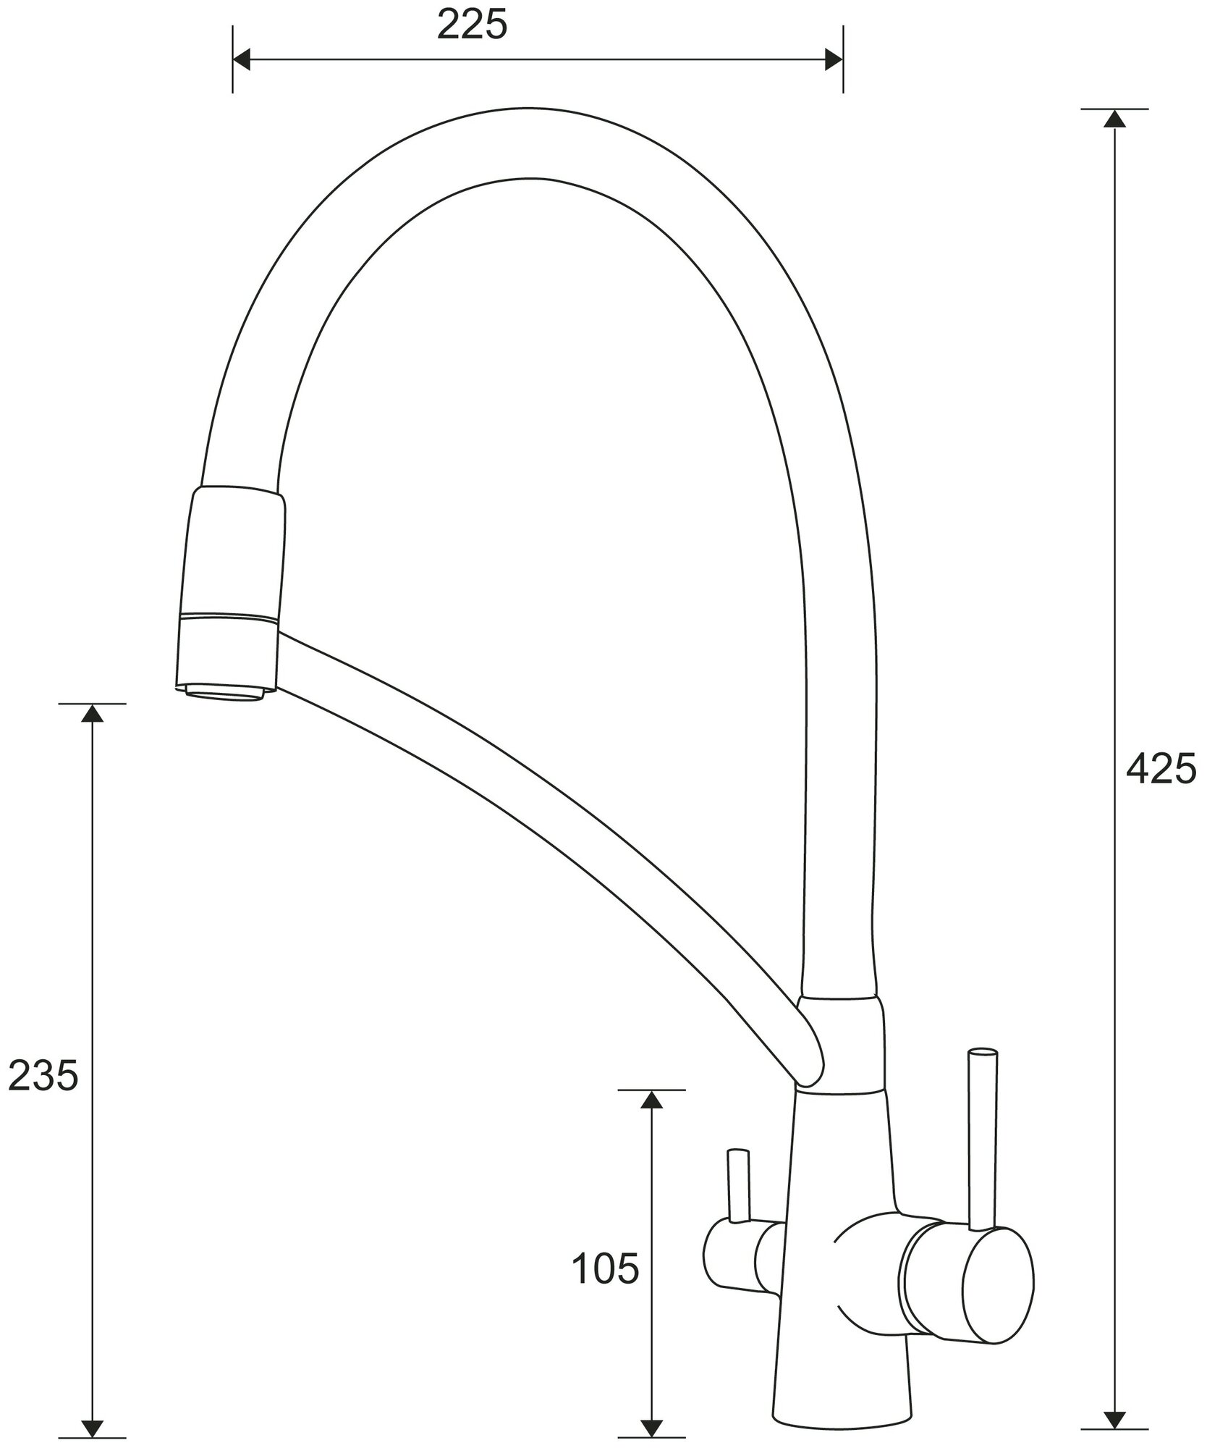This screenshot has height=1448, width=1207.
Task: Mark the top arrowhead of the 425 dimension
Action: pos(1114,119)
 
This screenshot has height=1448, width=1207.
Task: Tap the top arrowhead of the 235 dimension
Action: pos(91,712)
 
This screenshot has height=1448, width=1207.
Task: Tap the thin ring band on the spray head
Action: pos(229,618)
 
